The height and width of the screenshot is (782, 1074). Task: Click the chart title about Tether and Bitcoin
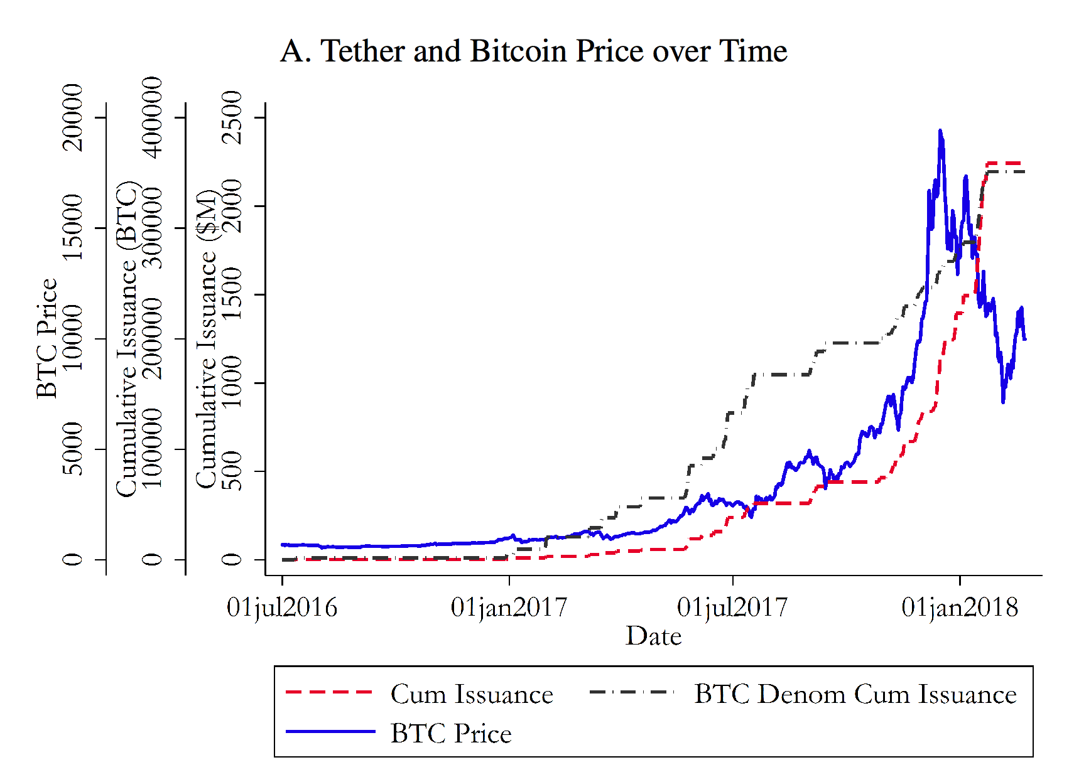533,51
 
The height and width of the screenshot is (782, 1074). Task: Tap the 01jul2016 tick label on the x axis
282,608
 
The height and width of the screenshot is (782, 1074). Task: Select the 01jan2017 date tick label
509,608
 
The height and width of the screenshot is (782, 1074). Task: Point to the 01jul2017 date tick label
732,608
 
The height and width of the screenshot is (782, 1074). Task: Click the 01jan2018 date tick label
960,608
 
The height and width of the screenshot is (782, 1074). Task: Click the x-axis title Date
653,636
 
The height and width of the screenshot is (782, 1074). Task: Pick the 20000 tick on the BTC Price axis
73,117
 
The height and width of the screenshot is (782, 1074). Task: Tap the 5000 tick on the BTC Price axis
73,449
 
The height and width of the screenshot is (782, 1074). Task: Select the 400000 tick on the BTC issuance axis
152,117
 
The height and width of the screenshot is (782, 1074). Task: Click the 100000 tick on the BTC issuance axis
152,449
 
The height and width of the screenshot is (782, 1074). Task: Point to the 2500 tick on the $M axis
232,117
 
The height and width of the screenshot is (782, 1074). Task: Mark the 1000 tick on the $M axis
232,382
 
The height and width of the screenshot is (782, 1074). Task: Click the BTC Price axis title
46,338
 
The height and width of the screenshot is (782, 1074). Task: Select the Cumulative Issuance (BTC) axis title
126,338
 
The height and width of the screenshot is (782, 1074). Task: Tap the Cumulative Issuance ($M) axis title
206,338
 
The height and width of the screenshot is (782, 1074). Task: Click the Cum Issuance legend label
472,695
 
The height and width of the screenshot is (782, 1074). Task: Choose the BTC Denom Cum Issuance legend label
855,695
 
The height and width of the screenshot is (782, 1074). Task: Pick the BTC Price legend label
451,734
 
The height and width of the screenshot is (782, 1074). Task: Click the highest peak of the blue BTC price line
940,131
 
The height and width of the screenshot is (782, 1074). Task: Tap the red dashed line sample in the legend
330,692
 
